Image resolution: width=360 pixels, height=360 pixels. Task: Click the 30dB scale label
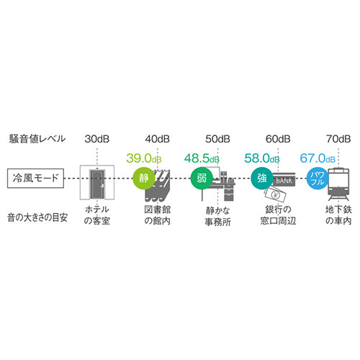97,139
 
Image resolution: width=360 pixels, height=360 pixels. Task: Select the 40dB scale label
158,139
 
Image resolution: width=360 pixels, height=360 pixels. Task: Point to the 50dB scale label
217,139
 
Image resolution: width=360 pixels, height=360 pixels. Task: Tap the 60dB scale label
278,139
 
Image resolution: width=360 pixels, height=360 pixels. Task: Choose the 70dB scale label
338,139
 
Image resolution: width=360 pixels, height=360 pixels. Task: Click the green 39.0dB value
144,158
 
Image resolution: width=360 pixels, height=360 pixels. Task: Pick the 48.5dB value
202,158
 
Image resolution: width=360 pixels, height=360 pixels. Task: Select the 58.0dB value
262,158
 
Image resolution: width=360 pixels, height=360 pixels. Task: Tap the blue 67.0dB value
318,158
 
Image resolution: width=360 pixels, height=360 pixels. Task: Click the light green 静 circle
144,179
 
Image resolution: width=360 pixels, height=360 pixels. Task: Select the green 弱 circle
202,179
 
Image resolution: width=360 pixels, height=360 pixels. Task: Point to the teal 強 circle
262,179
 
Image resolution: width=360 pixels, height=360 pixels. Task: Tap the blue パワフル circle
318,179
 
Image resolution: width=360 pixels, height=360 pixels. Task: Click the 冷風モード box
35,179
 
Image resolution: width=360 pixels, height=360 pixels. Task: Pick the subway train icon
338,184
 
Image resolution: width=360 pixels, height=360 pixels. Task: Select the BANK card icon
284,180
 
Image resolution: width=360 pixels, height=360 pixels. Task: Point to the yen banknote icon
276,194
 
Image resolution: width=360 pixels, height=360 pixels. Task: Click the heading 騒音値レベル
37,139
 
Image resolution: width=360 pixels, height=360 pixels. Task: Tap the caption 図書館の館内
158,215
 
